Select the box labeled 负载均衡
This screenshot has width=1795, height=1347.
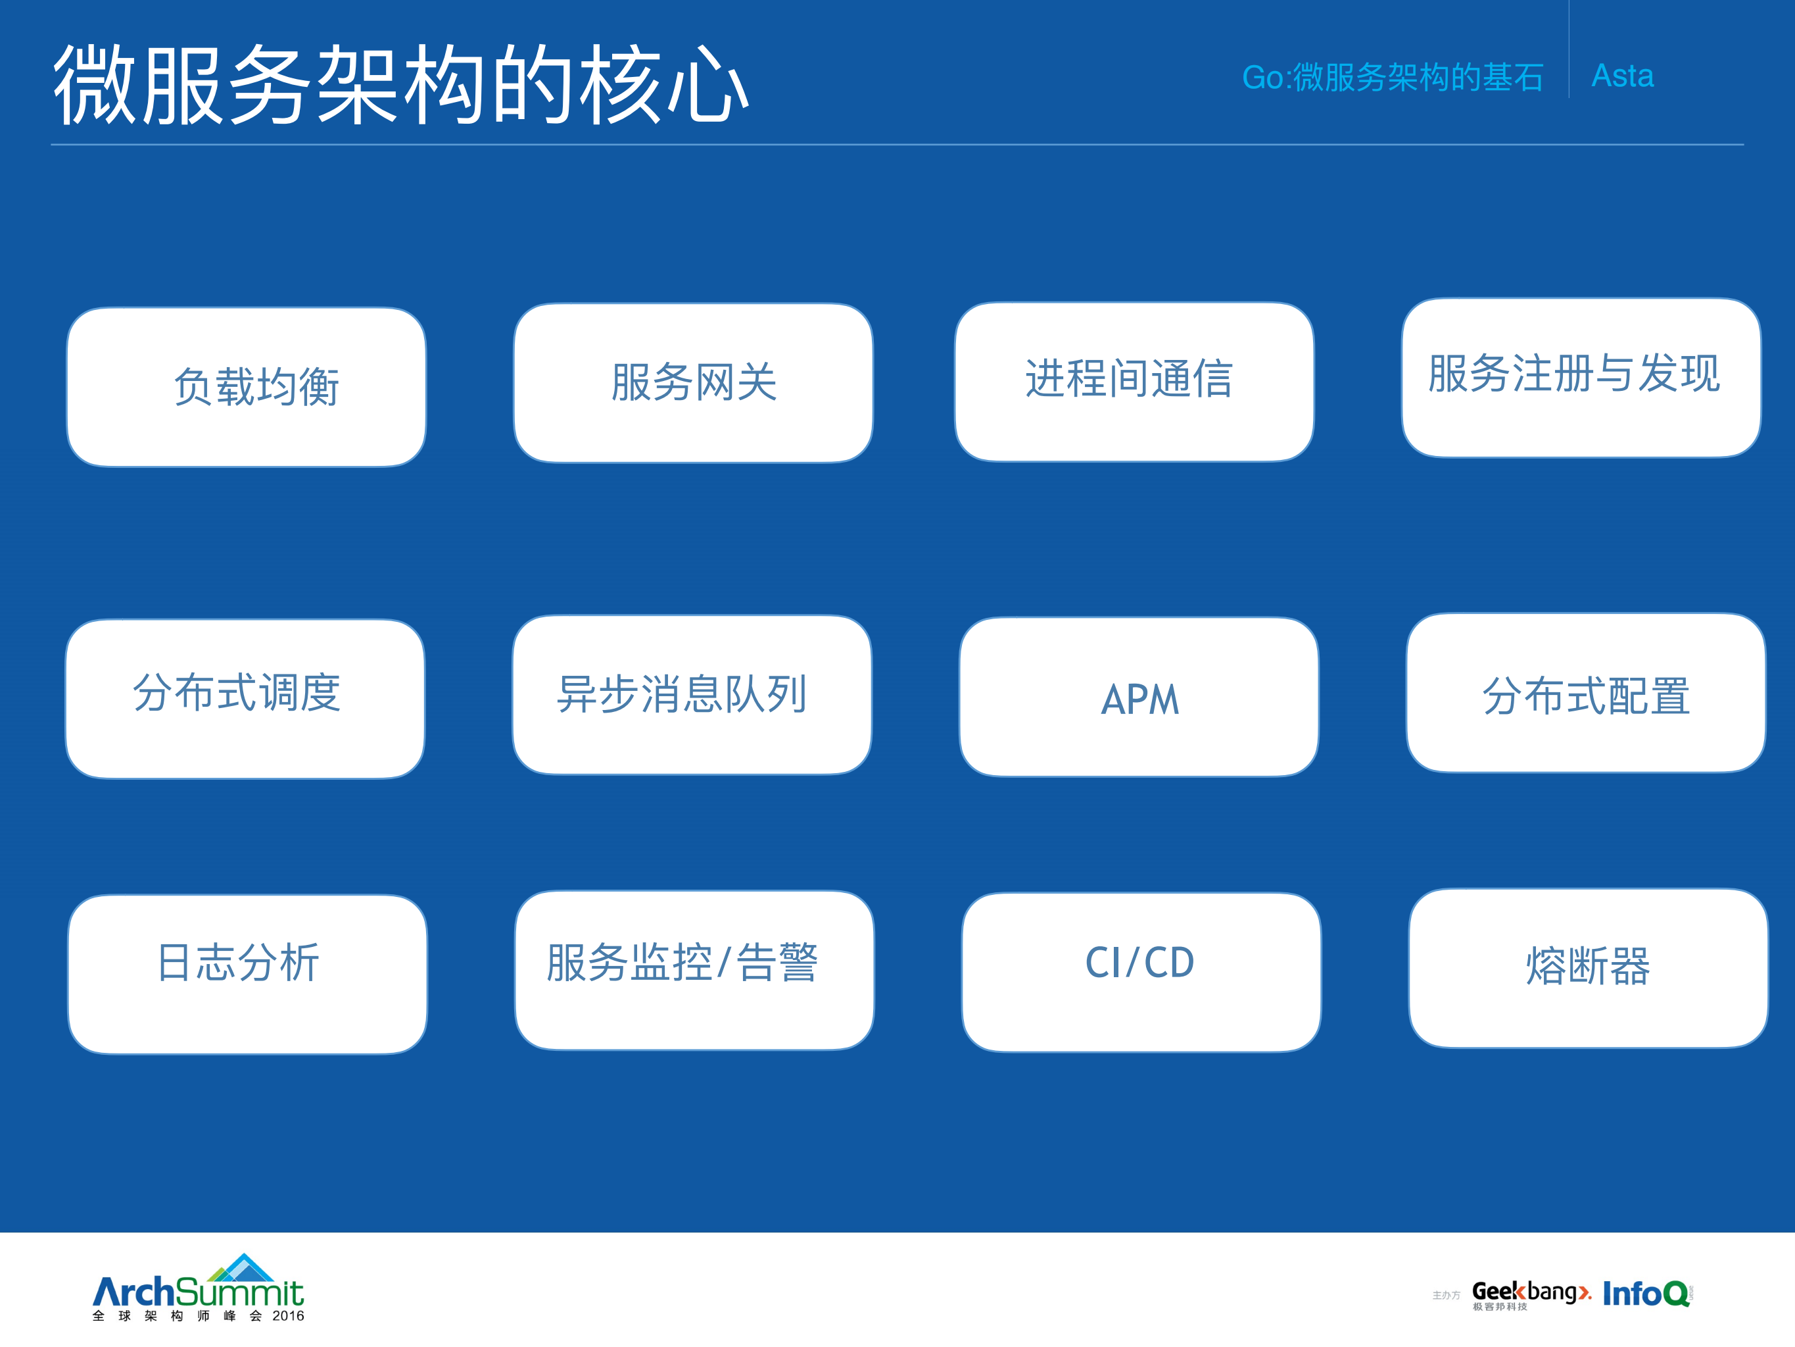(247, 386)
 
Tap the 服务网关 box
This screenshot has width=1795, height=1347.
(693, 383)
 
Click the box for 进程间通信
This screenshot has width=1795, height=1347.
(1134, 382)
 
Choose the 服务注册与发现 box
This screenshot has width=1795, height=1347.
(1581, 378)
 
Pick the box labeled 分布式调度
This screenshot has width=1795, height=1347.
(245, 698)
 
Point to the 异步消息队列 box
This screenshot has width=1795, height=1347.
(692, 695)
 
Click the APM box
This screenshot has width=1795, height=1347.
(1139, 697)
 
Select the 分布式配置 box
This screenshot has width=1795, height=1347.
(1586, 692)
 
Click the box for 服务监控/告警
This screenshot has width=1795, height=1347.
(694, 970)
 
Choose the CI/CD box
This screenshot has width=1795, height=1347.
(1141, 972)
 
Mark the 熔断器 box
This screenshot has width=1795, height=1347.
(1588, 968)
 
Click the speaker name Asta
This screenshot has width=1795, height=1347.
(1622, 76)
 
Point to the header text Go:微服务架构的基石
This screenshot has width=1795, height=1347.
(1393, 78)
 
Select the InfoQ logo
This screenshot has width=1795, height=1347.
(1646, 1294)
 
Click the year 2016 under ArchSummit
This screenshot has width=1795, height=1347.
(288, 1316)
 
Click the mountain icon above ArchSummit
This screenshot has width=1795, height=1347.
(243, 1268)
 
